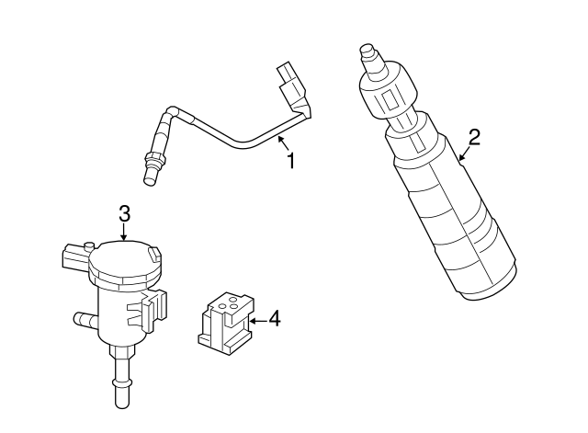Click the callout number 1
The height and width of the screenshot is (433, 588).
291,161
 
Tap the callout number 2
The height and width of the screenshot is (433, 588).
474,138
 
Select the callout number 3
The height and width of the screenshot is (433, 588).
125,213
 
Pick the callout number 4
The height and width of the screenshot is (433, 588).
273,320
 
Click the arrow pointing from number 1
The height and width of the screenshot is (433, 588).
282,142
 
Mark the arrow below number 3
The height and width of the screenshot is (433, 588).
125,234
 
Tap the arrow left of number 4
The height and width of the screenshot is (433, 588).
254,320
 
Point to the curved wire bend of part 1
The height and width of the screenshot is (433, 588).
237,142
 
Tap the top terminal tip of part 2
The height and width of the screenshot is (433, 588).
368,50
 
